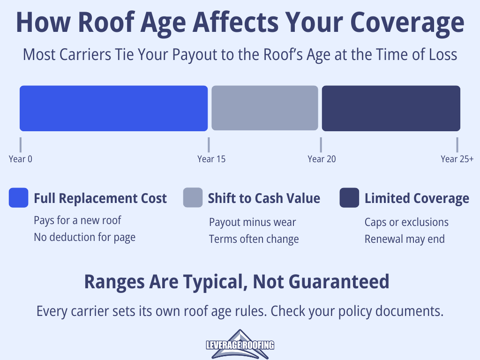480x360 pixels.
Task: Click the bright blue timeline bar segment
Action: pyautogui.click(x=113, y=108)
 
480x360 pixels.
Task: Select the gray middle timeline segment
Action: pyautogui.click(x=265, y=108)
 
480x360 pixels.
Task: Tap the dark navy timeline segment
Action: pyautogui.click(x=391, y=108)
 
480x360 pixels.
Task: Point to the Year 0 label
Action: pyautogui.click(x=21, y=159)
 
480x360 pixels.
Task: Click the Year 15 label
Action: pyautogui.click(x=211, y=159)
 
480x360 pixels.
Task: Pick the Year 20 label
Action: pyautogui.click(x=322, y=159)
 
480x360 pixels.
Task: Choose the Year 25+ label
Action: pyautogui.click(x=457, y=159)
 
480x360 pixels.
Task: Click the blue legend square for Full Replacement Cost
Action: pyautogui.click(x=19, y=198)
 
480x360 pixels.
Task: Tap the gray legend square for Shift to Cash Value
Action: pyautogui.click(x=193, y=198)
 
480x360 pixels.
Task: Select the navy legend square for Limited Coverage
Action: pyautogui.click(x=349, y=198)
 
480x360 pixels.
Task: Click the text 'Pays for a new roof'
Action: pyautogui.click(x=77, y=220)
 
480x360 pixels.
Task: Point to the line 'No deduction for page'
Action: pyautogui.click(x=84, y=237)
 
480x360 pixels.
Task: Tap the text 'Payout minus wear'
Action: pyautogui.click(x=253, y=222)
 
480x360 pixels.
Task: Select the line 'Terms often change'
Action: pyautogui.click(x=254, y=239)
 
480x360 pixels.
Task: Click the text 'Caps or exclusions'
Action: pyautogui.click(x=406, y=222)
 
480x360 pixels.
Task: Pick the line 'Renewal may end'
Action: pyautogui.click(x=405, y=239)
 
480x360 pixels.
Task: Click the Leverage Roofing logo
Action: pyautogui.click(x=240, y=345)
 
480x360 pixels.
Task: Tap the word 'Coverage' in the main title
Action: pyautogui.click(x=407, y=22)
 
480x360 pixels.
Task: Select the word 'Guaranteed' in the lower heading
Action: pyautogui.click(x=339, y=282)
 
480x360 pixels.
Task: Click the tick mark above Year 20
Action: pyautogui.click(x=321, y=145)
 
